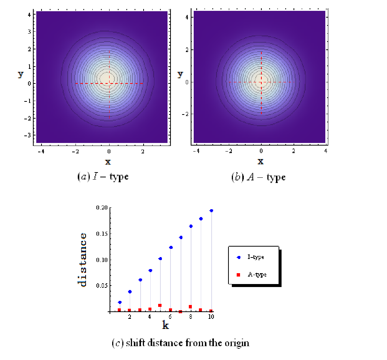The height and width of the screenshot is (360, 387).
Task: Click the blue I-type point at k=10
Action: (x=211, y=211)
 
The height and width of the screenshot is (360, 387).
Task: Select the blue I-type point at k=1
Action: (x=120, y=302)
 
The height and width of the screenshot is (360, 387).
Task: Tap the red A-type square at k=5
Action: (x=160, y=305)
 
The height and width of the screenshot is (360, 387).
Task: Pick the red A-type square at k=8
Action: (x=190, y=306)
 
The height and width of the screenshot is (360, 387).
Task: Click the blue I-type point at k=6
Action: (x=171, y=247)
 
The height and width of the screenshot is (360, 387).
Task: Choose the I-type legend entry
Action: (x=250, y=257)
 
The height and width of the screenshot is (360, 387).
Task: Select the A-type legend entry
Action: (x=252, y=275)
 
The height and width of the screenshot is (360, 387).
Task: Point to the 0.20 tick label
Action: (x=102, y=208)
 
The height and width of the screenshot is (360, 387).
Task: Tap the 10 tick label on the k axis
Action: (x=211, y=317)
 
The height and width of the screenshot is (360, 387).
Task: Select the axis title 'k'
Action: (x=165, y=325)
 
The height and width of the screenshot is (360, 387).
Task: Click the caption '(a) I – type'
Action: (x=103, y=177)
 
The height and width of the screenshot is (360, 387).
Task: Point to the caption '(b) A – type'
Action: (x=258, y=177)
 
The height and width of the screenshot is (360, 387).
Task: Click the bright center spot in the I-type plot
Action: (x=107, y=78)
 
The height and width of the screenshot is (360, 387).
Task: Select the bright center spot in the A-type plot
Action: (x=261, y=81)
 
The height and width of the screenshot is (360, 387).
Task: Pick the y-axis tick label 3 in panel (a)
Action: (x=30, y=32)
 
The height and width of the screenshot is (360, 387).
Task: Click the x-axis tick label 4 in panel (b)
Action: (x=326, y=151)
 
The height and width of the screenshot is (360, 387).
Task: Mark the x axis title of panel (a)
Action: (x=108, y=162)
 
